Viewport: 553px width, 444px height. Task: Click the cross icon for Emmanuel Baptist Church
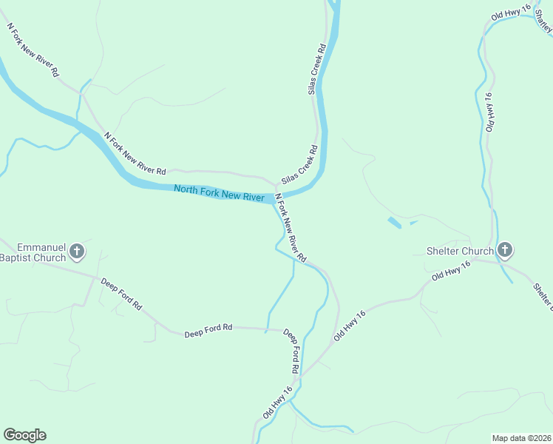(x=76, y=252)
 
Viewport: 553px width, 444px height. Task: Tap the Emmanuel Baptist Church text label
(x=33, y=252)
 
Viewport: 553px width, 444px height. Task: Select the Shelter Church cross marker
(x=505, y=250)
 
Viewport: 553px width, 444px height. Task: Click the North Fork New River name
(x=219, y=194)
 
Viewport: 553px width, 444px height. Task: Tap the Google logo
(x=24, y=435)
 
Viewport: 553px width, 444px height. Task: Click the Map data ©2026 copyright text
(x=521, y=438)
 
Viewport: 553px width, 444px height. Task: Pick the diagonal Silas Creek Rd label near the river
(x=299, y=163)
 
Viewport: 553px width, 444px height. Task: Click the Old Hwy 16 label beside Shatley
(x=511, y=12)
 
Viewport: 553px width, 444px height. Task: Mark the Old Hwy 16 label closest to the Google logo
(x=278, y=400)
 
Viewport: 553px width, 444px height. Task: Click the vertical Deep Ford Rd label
(x=291, y=351)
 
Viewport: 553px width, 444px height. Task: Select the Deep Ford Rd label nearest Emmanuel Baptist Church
(x=122, y=295)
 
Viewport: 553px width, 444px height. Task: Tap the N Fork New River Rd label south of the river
(x=291, y=228)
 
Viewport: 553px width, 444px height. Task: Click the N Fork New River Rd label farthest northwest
(x=33, y=50)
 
